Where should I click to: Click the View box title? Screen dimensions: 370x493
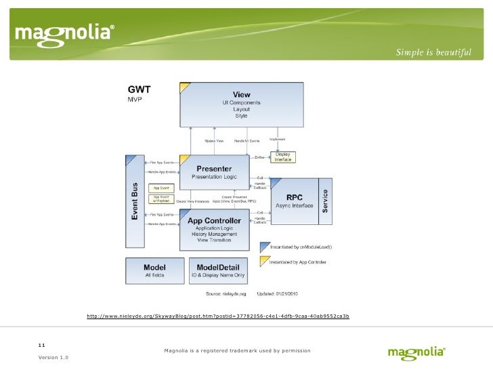pos(241,94)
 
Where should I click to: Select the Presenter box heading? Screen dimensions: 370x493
pos(213,168)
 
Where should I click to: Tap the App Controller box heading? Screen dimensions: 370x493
pos(214,220)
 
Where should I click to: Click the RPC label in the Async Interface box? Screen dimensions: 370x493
pos(295,196)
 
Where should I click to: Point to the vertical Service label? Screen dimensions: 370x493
pos(325,201)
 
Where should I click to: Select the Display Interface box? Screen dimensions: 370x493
pos(283,157)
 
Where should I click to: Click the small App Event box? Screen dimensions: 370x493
pos(160,188)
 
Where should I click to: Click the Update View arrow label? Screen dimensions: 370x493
pos(214,140)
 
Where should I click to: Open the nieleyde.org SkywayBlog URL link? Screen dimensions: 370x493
pos(218,316)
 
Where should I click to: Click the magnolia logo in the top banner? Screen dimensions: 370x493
pos(65,33)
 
